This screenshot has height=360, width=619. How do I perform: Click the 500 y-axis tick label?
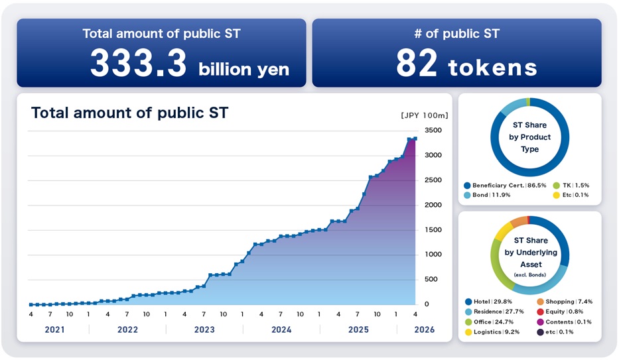(x=433, y=279)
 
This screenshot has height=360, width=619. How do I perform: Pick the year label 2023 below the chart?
(x=204, y=330)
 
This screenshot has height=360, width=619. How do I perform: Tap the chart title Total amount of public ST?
(x=129, y=113)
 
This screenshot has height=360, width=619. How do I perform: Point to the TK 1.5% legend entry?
(x=573, y=185)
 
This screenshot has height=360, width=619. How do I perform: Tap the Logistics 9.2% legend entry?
(x=494, y=331)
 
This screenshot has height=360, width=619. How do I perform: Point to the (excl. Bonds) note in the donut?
(x=529, y=274)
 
